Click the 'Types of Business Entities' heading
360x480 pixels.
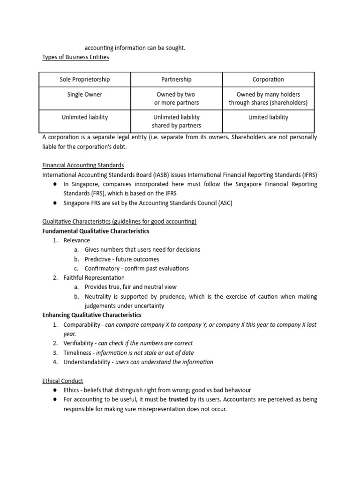(75, 57)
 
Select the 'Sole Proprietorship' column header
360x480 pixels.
(85, 80)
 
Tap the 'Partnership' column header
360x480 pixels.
(176, 80)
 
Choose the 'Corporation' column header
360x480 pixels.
(268, 80)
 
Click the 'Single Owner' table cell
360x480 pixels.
(85, 95)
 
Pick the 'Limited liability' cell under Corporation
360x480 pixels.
(268, 117)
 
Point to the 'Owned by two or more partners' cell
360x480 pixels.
(176, 98)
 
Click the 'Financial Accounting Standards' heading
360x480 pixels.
(83, 165)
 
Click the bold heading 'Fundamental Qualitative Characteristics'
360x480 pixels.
(96, 231)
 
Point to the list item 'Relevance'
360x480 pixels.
(77, 240)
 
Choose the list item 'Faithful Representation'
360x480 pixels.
(94, 278)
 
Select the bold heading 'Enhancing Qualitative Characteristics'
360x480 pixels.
(92, 315)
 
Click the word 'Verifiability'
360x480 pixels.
(80, 343)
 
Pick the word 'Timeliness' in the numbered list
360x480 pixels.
(78, 352)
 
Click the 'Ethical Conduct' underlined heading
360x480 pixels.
(63, 381)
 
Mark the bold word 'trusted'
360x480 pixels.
(178, 399)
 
